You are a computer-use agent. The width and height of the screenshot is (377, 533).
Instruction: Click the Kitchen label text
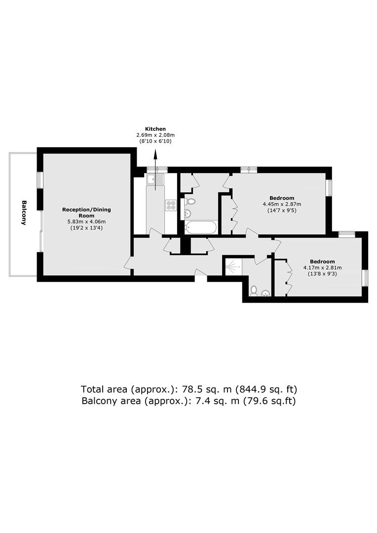155,129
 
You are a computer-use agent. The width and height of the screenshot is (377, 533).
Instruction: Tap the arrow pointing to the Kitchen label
155,169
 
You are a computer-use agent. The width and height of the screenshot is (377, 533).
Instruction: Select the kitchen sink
155,179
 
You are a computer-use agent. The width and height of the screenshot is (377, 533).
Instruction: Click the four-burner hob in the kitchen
171,205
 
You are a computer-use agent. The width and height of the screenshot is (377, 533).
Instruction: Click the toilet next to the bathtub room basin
190,201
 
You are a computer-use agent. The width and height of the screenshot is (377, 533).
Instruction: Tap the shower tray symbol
232,266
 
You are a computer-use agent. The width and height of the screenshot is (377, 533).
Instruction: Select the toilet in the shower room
253,291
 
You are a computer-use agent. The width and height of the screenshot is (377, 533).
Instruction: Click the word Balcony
24,213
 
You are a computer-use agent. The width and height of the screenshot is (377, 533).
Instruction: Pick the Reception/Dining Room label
86,212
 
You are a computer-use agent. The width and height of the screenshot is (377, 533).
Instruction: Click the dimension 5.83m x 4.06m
86,222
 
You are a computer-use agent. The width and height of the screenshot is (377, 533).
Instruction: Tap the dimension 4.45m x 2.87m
282,204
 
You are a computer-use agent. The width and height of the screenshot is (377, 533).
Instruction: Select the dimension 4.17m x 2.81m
322,267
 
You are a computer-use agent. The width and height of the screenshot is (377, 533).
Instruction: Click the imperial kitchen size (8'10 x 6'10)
155,141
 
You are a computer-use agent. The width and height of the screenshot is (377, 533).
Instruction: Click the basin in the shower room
265,293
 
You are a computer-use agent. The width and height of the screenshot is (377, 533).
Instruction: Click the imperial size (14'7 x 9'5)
282,211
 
